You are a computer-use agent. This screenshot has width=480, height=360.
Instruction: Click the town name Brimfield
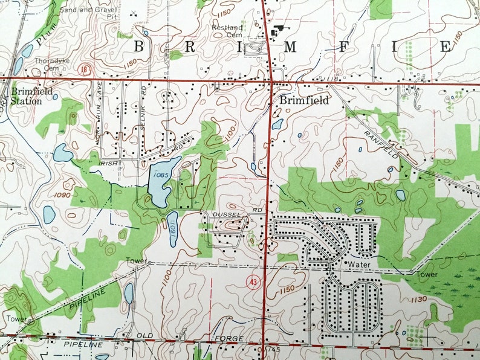pos(304,101)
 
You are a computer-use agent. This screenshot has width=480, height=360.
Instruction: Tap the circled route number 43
pos(252,281)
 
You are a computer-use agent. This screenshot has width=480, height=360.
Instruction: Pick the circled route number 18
pos(89,69)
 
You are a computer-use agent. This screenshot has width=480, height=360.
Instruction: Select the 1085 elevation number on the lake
pos(160,175)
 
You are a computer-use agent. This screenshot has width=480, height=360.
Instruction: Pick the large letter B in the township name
pos(138,47)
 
